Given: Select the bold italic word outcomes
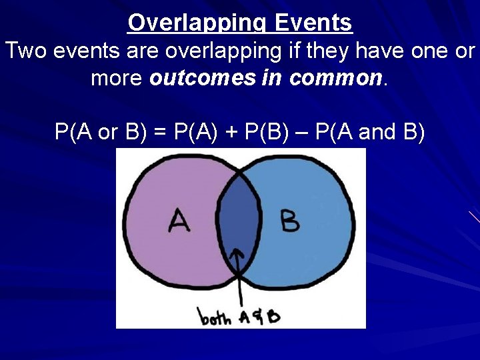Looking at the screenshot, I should point(201,79).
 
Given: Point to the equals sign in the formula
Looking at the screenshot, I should point(159,133).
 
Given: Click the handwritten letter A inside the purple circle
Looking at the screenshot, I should point(179,221).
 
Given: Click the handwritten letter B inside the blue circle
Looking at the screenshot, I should point(290,221).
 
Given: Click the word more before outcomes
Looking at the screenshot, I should point(117,79).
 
